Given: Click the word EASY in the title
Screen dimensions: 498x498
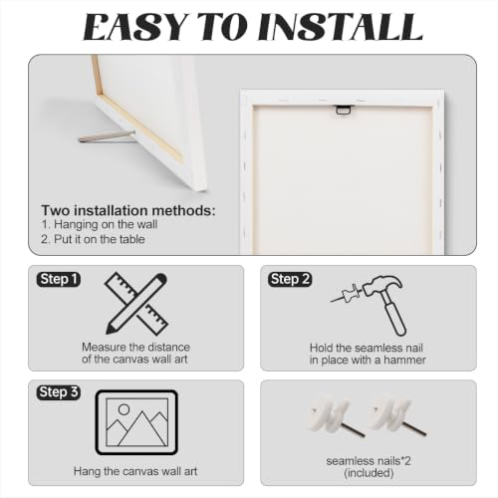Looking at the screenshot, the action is coord(134,27).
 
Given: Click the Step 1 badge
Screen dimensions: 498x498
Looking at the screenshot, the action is coord(59,279).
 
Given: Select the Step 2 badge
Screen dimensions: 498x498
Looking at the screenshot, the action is coord(290,279).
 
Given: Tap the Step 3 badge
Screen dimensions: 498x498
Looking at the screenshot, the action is coord(59,392).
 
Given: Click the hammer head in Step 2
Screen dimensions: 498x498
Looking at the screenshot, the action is coord(381,285).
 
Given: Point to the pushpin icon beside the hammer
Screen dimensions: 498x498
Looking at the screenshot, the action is coord(347,294).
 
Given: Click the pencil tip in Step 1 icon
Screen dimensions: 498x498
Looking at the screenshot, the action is coord(109,331).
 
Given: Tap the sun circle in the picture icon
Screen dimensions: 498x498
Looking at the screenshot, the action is coord(124,409).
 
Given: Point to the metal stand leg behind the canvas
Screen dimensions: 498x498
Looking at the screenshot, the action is coord(107,137).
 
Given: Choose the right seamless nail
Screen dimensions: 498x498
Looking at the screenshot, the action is coord(396,416).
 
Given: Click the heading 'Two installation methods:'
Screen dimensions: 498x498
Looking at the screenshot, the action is coord(128,211).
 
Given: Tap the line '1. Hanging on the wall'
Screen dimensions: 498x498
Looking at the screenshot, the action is coord(99,224).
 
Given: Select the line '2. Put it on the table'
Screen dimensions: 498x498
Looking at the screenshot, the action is coord(93,239).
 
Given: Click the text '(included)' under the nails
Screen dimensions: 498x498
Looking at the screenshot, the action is coord(369,473).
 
